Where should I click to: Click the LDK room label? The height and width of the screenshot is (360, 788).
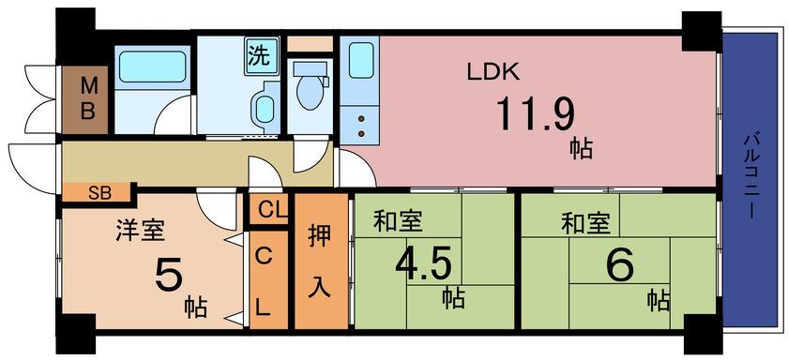[492, 73]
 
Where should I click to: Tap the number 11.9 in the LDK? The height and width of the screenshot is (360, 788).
[536, 113]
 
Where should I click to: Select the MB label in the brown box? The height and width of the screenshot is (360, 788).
[88, 99]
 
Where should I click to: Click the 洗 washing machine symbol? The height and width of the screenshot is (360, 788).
[262, 56]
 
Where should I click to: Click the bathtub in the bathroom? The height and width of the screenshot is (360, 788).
[152, 67]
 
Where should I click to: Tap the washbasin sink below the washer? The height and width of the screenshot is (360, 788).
[265, 109]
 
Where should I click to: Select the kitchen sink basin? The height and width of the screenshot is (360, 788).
[361, 60]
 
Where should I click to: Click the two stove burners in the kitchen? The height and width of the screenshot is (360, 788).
[361, 126]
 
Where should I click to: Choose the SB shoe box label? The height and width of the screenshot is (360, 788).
[99, 193]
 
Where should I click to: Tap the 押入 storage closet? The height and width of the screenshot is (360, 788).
[321, 261]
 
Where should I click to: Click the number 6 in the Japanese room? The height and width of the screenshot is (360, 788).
[619, 266]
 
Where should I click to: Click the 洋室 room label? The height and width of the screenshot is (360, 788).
[140, 231]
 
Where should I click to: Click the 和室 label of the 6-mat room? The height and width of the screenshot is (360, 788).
[586, 224]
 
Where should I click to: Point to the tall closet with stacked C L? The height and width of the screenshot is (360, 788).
[268, 280]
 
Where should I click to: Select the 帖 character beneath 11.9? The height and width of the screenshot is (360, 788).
[581, 150]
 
